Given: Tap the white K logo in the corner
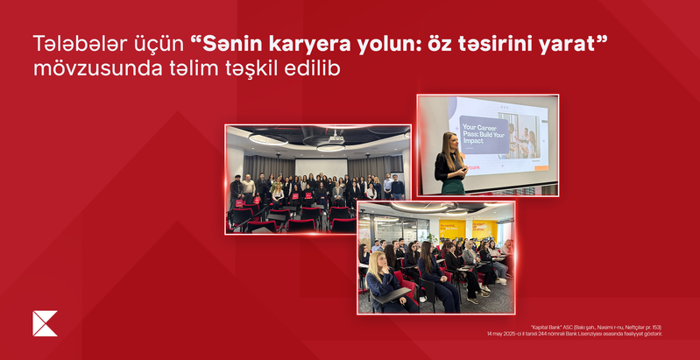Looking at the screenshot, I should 45,323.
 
